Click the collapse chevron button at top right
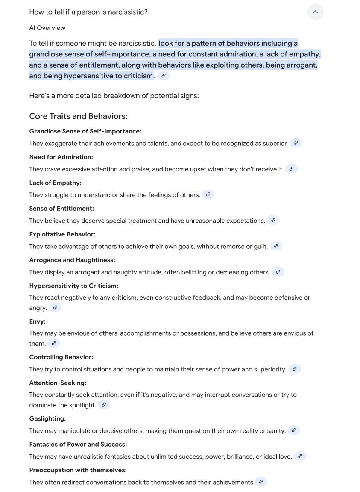click(x=315, y=12)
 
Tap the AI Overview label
click(x=47, y=28)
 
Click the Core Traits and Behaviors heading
click(x=78, y=116)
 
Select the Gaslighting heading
click(x=47, y=418)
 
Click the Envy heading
click(x=37, y=321)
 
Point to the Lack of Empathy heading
click(x=55, y=183)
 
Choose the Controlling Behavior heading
click(x=61, y=357)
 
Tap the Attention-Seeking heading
click(x=58, y=383)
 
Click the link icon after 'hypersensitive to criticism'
click(x=163, y=76)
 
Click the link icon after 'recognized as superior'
click(x=296, y=143)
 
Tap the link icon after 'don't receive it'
click(x=291, y=169)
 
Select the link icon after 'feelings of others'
click(x=208, y=194)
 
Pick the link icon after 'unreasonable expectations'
click(x=273, y=220)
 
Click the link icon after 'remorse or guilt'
click(x=276, y=246)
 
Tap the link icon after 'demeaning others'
click(x=278, y=271)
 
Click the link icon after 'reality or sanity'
click(x=293, y=430)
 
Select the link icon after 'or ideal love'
click(x=300, y=456)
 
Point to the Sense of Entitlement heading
click(x=61, y=208)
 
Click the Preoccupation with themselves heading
click(x=78, y=470)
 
